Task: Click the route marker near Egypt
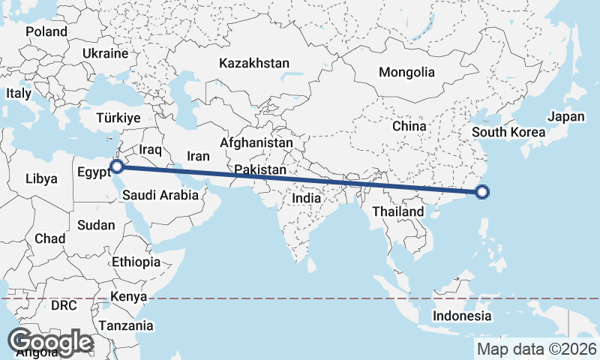116,166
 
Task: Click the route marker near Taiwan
482,193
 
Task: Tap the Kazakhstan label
254,64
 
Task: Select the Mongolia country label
406,73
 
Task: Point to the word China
409,126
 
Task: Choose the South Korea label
508,133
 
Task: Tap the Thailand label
398,211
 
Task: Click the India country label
306,199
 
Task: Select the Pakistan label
259,170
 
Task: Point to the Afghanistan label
256,142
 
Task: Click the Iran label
198,156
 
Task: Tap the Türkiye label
118,118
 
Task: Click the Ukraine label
106,54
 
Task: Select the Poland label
46,31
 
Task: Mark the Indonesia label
462,315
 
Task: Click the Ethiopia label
136,262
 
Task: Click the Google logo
50,342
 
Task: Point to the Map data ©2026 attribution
537,349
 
